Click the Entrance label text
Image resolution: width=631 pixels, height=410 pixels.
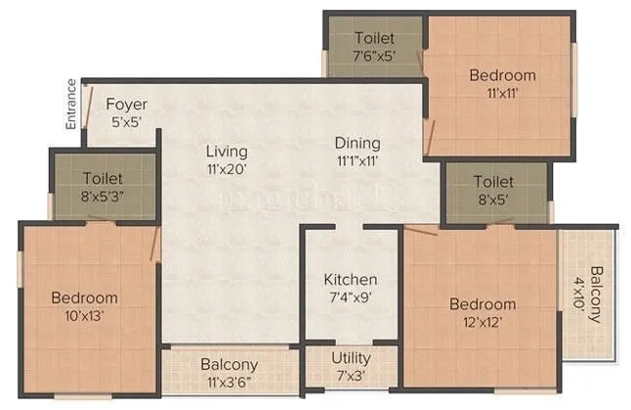[70, 105]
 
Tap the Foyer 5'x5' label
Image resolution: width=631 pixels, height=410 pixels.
[127, 113]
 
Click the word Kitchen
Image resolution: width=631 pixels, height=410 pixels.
[351, 280]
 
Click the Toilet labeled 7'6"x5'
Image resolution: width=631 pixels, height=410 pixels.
[374, 46]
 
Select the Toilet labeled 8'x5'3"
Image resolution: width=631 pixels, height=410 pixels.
[103, 187]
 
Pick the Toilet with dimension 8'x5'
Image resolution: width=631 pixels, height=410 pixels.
[494, 190]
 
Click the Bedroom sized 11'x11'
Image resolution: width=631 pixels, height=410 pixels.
[502, 84]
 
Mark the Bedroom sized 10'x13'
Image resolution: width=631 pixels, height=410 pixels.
[85, 306]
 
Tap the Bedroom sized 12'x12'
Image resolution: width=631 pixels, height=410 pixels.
[482, 312]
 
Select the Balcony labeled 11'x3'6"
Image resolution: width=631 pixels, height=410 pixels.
[230, 373]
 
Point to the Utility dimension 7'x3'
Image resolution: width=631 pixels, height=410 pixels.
[351, 376]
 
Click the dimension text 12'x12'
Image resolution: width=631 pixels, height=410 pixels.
[482, 321]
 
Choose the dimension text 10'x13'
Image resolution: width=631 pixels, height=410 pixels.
[85, 315]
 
